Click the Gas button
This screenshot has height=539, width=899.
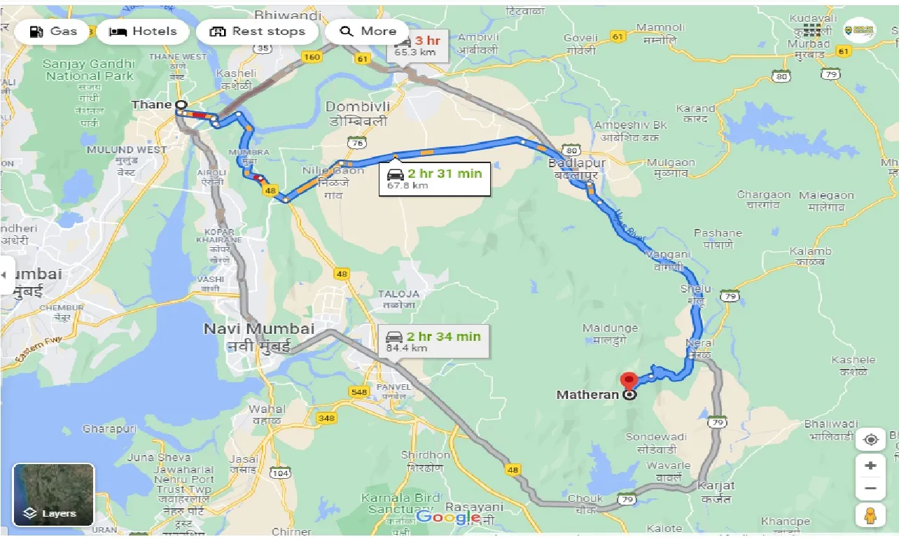tap(53, 31)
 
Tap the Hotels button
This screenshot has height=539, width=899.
tap(143, 31)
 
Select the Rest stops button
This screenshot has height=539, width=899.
tap(258, 31)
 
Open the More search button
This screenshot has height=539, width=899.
tap(368, 31)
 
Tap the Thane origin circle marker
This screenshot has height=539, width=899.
tap(181, 105)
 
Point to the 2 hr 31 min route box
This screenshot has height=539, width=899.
tap(435, 179)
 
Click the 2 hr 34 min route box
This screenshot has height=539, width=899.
tap(433, 342)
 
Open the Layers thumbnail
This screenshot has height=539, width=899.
tap(53, 494)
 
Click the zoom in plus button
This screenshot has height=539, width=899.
tap(870, 465)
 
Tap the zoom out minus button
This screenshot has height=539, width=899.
tap(870, 488)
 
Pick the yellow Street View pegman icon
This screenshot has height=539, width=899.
tap(870, 515)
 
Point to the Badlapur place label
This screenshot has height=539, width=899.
tap(578, 164)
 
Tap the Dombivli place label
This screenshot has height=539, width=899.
tap(356, 107)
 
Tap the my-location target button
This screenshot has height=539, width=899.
tap(870, 440)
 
